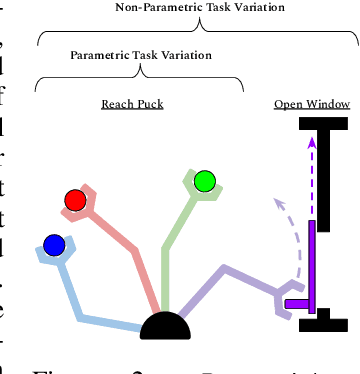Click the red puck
pos(74,200)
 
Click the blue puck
pos(54,243)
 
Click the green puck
pos(205,181)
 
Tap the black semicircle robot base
pos(165,326)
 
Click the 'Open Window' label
pos(311,103)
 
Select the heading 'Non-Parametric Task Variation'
pos(200,7)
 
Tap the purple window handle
pos(296,302)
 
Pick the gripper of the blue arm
pos(56,256)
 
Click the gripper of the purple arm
pos(288,304)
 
